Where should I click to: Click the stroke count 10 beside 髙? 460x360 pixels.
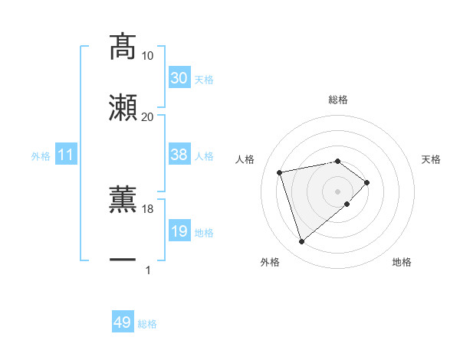pyautogui.click(x=148, y=56)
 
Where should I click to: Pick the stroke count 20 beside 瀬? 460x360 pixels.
pyautogui.click(x=148, y=116)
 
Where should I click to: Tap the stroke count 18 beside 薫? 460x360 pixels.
pyautogui.click(x=148, y=209)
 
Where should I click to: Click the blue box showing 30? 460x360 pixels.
pyautogui.click(x=179, y=78)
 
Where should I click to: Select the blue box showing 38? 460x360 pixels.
pyautogui.click(x=179, y=155)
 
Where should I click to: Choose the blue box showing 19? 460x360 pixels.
pyautogui.click(x=179, y=231)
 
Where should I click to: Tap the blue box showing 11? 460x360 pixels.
pyautogui.click(x=66, y=155)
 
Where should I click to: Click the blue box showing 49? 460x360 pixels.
pyautogui.click(x=123, y=323)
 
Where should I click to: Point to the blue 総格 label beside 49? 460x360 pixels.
pyautogui.click(x=148, y=324)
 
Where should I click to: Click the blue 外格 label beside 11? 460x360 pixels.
pyautogui.click(x=41, y=156)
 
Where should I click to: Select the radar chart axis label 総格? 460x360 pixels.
pyautogui.click(x=338, y=100)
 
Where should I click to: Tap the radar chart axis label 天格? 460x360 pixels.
pyautogui.click(x=432, y=159)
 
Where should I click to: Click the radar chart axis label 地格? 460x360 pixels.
pyautogui.click(x=402, y=263)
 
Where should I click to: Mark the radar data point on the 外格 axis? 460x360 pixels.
pyautogui.click(x=302, y=242)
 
